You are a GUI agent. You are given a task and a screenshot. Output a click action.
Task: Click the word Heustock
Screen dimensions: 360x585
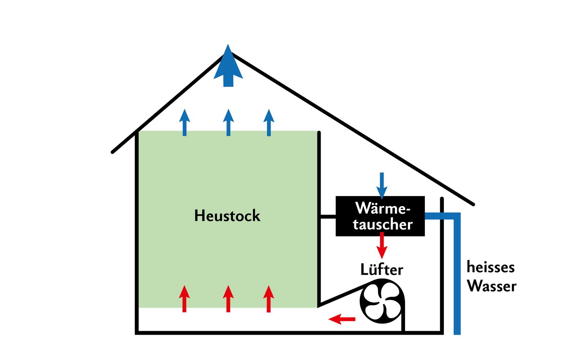(x=227, y=216)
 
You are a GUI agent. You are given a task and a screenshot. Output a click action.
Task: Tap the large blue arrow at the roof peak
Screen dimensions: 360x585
(x=228, y=68)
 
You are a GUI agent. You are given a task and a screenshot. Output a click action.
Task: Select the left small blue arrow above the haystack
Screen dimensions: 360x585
(x=185, y=123)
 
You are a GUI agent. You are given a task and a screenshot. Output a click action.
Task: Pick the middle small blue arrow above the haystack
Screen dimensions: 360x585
(x=229, y=123)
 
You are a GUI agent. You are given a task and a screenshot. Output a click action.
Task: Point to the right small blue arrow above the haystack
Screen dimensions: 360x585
(x=269, y=123)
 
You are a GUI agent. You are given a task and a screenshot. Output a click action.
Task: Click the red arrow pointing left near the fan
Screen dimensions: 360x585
(x=342, y=319)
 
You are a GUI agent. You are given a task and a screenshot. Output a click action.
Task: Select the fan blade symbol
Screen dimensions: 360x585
(x=382, y=301)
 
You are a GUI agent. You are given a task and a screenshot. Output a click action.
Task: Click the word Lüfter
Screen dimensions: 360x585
(x=382, y=270)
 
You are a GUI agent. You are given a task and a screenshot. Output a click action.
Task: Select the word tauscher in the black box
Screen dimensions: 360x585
(x=382, y=224)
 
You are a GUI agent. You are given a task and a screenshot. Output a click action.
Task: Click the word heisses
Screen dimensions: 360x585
(x=491, y=267)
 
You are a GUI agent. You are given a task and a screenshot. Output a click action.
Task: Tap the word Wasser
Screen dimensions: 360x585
(x=492, y=286)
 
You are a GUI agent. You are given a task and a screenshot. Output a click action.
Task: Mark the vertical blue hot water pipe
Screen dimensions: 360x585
(x=457, y=274)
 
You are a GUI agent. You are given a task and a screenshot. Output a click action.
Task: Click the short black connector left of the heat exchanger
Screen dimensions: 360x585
(x=328, y=217)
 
